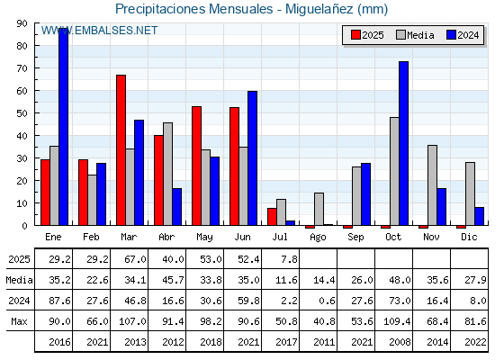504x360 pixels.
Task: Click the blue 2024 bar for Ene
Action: (63, 127)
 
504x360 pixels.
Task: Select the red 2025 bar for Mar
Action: (121, 150)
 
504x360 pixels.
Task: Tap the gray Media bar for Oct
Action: (394, 171)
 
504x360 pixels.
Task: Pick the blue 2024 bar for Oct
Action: (404, 143)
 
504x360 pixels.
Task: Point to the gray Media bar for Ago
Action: (319, 209)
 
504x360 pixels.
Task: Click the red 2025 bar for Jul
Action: (272, 217)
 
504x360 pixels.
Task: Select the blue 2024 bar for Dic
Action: (479, 216)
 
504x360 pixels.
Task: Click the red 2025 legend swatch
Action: (355, 35)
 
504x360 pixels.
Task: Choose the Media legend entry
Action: (415, 35)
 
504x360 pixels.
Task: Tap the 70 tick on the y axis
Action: (22, 68)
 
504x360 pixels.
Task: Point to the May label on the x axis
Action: (204, 238)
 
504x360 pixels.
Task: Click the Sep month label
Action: (355, 238)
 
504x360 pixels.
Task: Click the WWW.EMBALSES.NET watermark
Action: (99, 31)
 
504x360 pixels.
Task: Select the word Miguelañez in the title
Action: (319, 9)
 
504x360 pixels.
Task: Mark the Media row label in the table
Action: (19, 280)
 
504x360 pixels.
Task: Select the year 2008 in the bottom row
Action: (400, 342)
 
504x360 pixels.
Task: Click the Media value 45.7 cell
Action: (173, 280)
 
